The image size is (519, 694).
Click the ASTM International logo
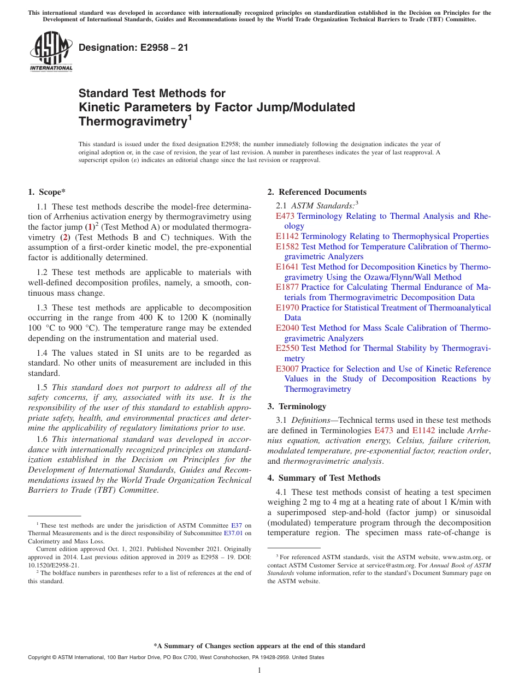click(x=50, y=52)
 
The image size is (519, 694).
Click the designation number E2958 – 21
click(x=133, y=47)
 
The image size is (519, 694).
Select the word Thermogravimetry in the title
click(x=133, y=121)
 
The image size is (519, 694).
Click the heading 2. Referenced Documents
click(x=317, y=192)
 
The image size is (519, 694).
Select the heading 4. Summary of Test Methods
click(x=323, y=478)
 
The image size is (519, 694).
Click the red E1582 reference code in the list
click(x=287, y=247)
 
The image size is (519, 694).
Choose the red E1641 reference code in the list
click(x=287, y=267)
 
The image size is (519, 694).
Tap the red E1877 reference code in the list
click(x=287, y=287)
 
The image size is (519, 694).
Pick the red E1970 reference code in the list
click(x=287, y=308)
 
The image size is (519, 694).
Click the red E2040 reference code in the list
click(x=287, y=328)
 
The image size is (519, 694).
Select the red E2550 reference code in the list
click(x=287, y=348)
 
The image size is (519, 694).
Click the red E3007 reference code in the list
click(x=287, y=369)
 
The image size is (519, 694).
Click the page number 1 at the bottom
click(x=259, y=671)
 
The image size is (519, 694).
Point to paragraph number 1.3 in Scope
click(x=42, y=308)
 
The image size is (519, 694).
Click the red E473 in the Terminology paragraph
click(x=384, y=430)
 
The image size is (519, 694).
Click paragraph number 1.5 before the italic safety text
click(x=42, y=387)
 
